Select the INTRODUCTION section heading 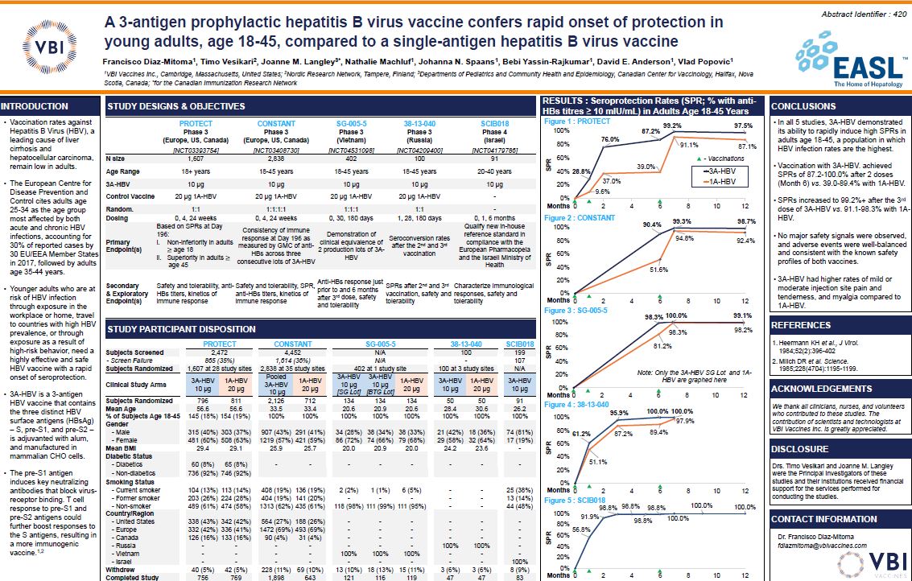click(35, 106)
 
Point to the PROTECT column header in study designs click(196, 123)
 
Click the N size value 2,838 click(275, 159)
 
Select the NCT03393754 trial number click(196, 150)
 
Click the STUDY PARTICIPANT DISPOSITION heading click(182, 328)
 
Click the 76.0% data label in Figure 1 click(609, 139)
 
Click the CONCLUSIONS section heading click(804, 106)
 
